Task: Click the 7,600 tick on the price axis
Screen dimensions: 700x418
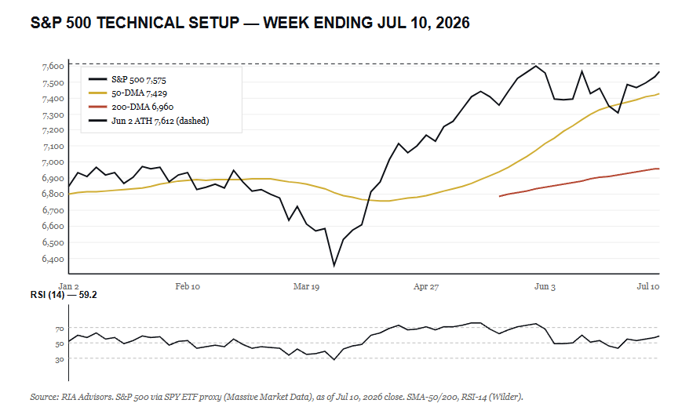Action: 53,67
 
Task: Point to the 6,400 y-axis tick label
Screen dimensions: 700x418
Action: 53,259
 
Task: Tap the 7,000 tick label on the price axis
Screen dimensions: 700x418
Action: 53,162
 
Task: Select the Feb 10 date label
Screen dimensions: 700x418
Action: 188,286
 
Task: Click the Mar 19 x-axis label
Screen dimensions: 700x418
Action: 306,286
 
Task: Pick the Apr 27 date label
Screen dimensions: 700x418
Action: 426,286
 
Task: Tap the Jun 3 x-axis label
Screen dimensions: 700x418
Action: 545,286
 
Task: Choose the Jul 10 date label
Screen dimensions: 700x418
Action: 647,286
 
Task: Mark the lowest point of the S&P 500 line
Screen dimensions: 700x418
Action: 334,267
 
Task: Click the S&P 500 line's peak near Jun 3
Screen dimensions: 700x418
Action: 536,66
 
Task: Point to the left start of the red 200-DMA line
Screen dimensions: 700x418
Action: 500,196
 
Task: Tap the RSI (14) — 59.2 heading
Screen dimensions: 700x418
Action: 64,296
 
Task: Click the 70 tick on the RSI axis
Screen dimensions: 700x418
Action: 60,329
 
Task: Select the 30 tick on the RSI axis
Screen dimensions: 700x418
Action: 60,359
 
